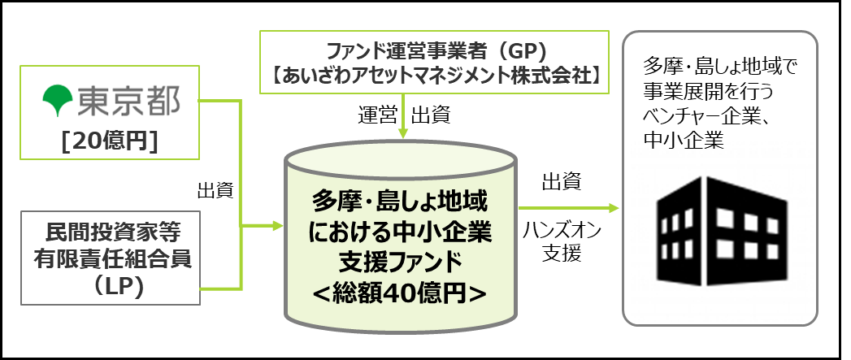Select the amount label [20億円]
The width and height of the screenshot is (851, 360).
[x=109, y=141]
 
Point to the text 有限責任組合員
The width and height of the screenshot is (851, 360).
[x=109, y=260]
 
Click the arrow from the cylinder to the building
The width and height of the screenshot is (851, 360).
[x=569, y=208]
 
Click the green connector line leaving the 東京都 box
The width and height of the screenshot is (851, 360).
[x=220, y=102]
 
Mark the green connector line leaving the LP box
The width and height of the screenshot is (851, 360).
[x=220, y=287]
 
